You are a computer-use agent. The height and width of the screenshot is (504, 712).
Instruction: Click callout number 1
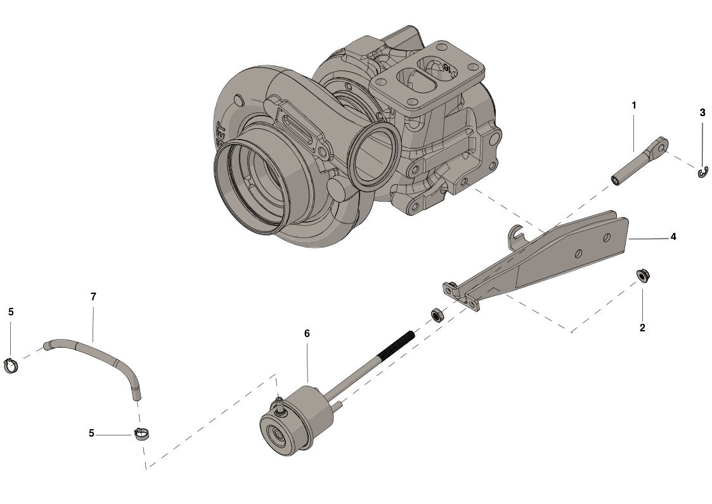[x=633, y=105]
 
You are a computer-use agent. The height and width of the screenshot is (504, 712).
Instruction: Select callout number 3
[x=702, y=113]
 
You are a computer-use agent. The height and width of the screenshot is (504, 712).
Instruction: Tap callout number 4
[x=673, y=237]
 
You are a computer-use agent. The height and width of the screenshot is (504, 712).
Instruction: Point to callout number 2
[x=642, y=328]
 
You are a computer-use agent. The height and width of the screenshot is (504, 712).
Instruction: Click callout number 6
[x=307, y=333]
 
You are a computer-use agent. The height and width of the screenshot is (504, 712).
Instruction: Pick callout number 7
[x=93, y=296]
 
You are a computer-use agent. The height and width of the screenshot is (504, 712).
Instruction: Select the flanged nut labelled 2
[x=642, y=275]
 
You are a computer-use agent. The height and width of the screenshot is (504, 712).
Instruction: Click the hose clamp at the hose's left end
[x=11, y=365]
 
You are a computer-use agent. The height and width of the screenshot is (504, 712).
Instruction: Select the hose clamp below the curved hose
[x=141, y=435]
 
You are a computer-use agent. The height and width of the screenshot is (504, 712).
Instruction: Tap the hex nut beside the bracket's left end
[x=436, y=314]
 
